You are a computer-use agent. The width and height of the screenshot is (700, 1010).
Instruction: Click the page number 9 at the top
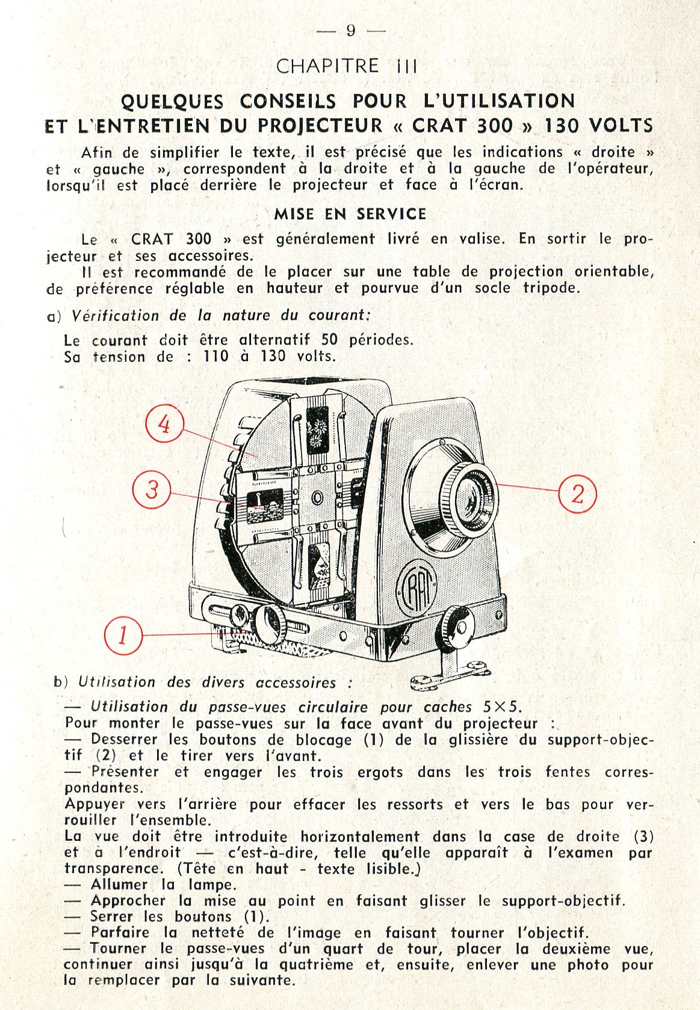coord(351,31)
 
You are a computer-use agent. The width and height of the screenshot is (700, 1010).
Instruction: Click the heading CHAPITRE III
coord(347,66)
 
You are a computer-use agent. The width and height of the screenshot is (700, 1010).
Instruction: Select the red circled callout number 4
coord(164,424)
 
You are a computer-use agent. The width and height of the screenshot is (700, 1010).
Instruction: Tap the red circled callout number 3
coord(151,489)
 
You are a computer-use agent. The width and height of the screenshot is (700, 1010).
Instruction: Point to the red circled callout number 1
coord(123,635)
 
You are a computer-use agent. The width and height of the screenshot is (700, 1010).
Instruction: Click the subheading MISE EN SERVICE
coord(350,214)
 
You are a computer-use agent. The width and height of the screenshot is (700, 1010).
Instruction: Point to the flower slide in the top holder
coord(317,429)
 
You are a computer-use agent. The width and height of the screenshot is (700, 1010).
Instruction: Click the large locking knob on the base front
coord(269,625)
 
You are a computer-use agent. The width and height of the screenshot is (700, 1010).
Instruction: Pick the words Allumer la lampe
coord(163,885)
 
